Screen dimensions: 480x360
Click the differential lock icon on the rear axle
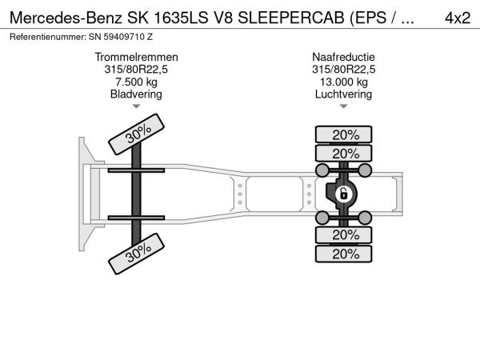(343, 194)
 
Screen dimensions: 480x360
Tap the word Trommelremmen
(136, 57)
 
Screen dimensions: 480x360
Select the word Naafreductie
(343, 57)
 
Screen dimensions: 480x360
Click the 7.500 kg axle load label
(136, 82)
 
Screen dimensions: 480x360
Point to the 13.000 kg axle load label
(344, 82)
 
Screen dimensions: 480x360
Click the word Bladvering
(136, 94)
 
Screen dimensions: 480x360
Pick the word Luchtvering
(343, 94)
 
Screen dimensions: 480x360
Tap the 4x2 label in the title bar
(458, 18)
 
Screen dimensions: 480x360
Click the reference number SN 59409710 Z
(121, 37)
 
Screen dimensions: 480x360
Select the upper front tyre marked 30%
(137, 134)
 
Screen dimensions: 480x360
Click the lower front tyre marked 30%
(137, 254)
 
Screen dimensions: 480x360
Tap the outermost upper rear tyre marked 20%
(344, 134)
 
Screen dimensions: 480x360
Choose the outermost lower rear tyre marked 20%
(344, 254)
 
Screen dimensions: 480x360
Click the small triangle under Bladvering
(136, 106)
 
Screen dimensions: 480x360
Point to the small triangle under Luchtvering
(344, 106)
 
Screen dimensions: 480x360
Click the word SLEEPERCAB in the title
(291, 18)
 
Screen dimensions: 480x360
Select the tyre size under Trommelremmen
(136, 70)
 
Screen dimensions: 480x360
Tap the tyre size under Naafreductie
(344, 70)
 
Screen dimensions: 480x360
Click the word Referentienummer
(48, 37)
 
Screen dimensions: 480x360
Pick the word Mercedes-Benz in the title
(66, 18)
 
